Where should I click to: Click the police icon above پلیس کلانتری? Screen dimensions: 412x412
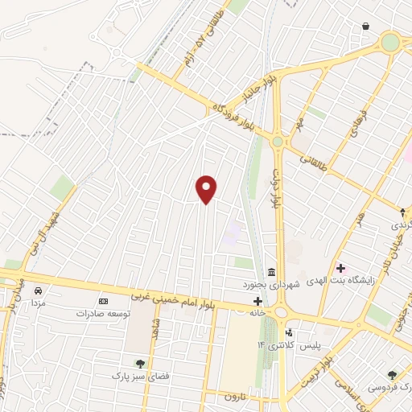[289, 332]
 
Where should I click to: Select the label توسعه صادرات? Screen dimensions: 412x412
[102, 312]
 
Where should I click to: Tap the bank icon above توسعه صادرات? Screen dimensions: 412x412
[102, 300]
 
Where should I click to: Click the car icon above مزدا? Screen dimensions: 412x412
[37, 290]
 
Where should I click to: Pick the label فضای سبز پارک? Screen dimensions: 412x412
[140, 376]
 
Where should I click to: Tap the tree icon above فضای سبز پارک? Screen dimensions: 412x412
[141, 364]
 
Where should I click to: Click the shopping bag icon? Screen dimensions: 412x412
[366, 27]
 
